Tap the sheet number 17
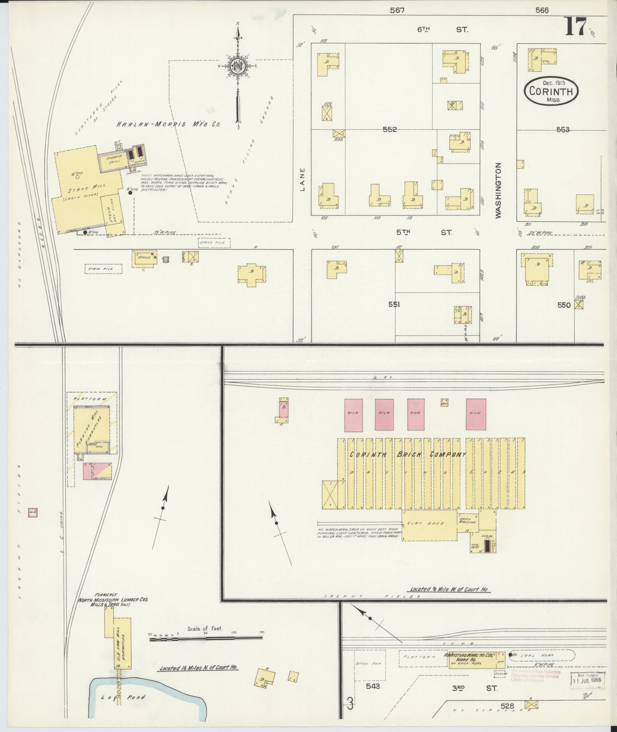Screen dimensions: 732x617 pyautogui.click(x=575, y=27)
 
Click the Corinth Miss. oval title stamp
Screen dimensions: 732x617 pyautogui.click(x=551, y=91)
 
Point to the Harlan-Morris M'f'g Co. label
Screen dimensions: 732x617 pyautogui.click(x=168, y=124)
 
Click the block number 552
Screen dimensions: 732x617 pyautogui.click(x=389, y=130)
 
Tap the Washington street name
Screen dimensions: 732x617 pyautogui.click(x=498, y=191)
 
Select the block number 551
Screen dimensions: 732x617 pyautogui.click(x=394, y=305)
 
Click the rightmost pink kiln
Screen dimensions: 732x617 pyautogui.click(x=476, y=414)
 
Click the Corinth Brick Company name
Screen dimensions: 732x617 pyautogui.click(x=408, y=455)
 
